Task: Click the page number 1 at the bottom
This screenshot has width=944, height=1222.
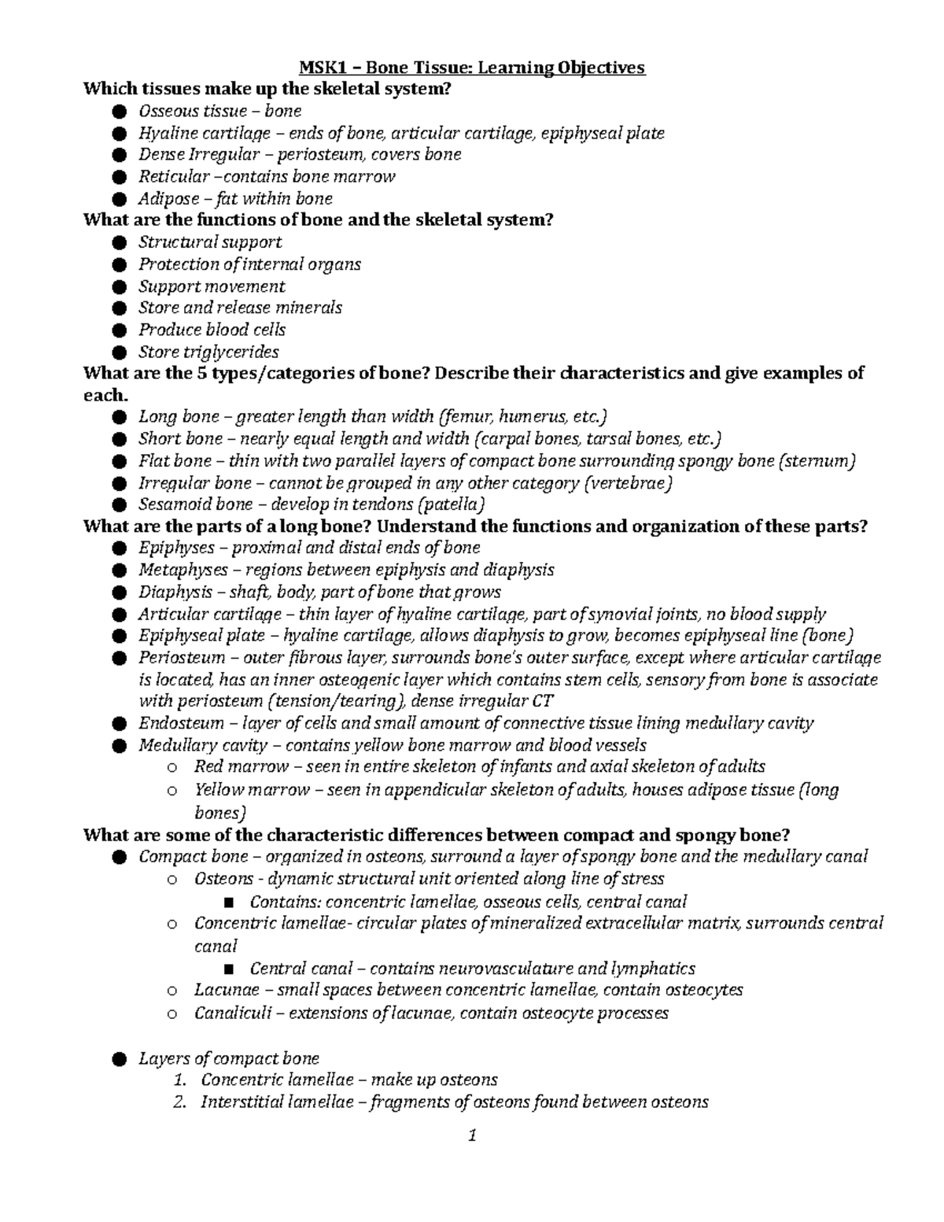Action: pyautogui.click(x=472, y=1135)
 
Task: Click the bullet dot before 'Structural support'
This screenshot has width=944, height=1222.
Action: pyautogui.click(x=119, y=242)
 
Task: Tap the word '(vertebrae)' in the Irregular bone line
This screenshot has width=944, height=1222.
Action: pyautogui.click(x=629, y=483)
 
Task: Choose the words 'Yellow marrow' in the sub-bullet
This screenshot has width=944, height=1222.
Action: pyautogui.click(x=252, y=789)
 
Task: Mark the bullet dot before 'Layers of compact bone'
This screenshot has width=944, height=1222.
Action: pyautogui.click(x=119, y=1059)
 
